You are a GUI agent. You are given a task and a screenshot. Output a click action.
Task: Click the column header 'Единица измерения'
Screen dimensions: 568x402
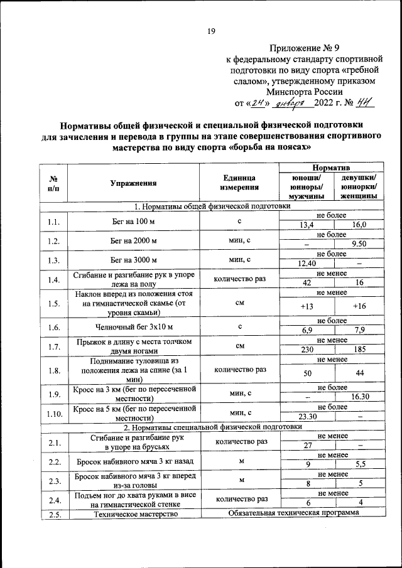pyautogui.click(x=239, y=183)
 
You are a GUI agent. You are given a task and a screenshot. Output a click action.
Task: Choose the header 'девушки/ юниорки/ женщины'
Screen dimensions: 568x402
pyautogui.click(x=359, y=186)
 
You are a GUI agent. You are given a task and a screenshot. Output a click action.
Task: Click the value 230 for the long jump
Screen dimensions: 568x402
pyautogui.click(x=307, y=350)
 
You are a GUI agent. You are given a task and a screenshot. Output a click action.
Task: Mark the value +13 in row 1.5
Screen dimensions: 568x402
pyautogui.click(x=307, y=306)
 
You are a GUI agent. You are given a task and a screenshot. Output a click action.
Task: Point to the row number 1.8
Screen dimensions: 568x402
pyautogui.click(x=53, y=370)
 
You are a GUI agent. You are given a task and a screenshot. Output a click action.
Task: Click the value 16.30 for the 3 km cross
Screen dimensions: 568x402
pyautogui.click(x=359, y=397)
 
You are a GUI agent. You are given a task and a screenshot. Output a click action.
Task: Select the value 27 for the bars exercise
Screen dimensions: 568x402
pyautogui.click(x=307, y=445)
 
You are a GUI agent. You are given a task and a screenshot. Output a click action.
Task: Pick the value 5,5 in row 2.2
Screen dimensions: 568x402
pyautogui.click(x=359, y=464)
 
